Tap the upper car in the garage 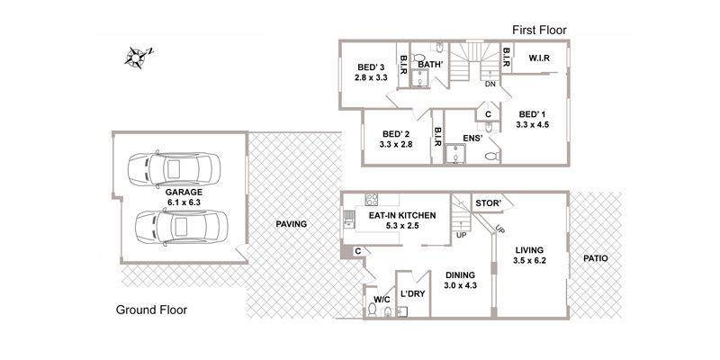pyautogui.click(x=174, y=168)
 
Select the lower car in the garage pyautogui.click(x=181, y=227)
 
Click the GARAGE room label pyautogui.click(x=184, y=193)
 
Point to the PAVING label pyautogui.click(x=291, y=224)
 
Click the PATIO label pyautogui.click(x=596, y=258)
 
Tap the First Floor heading pyautogui.click(x=539, y=31)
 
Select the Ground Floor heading pyautogui.click(x=151, y=310)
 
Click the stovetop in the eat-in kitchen pyautogui.click(x=372, y=200)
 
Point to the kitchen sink pyautogui.click(x=348, y=218)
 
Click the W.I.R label pyautogui.click(x=539, y=58)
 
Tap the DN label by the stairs pyautogui.click(x=490, y=84)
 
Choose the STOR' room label pyautogui.click(x=488, y=203)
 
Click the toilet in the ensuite pyautogui.click(x=492, y=156)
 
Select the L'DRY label pyautogui.click(x=413, y=294)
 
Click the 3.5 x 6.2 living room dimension pyautogui.click(x=529, y=260)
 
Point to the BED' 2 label pyautogui.click(x=396, y=134)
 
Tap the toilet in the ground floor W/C pyautogui.click(x=373, y=310)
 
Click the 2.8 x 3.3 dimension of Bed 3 pyautogui.click(x=371, y=77)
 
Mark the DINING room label pyautogui.click(x=460, y=275)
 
